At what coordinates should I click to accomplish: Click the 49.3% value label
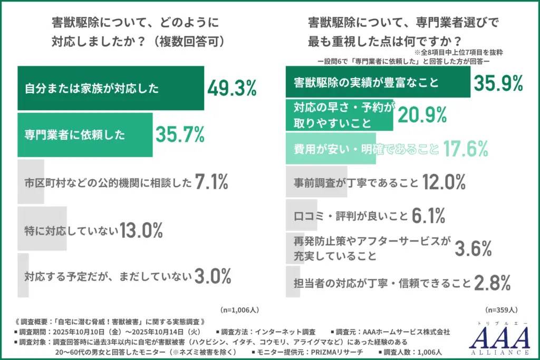coord(232,89)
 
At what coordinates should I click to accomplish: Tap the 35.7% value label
coord(180,135)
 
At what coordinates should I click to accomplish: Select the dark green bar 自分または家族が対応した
coord(111,89)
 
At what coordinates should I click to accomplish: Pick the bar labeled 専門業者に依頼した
coord(85,135)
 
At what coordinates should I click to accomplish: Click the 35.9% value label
coord(498,83)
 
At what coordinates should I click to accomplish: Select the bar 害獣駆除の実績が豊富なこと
coord(378,83)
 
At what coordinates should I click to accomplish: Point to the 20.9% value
coord(422,114)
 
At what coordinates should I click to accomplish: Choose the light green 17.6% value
coord(465,149)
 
